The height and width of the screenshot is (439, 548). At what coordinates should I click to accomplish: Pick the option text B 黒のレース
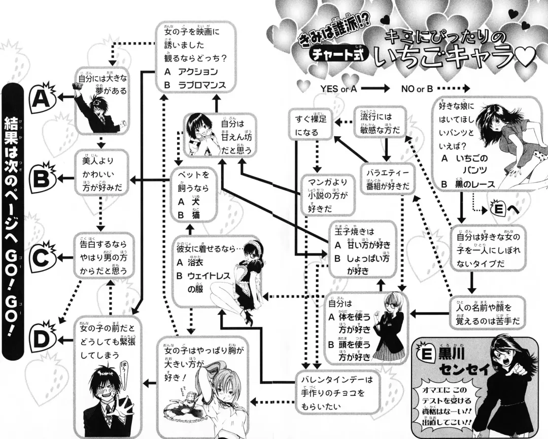467,184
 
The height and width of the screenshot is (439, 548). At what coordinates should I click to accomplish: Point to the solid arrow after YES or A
375,87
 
